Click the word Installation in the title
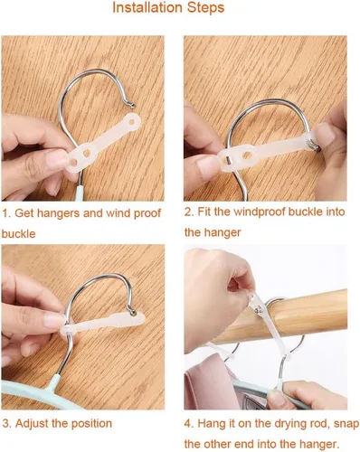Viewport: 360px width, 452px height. tap(147, 7)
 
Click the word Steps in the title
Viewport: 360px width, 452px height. tap(205, 8)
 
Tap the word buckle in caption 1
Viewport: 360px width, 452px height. tap(18, 234)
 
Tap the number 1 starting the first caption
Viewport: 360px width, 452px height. tap(5, 213)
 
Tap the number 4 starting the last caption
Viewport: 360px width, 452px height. tap(188, 424)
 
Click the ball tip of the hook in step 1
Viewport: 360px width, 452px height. tap(133, 105)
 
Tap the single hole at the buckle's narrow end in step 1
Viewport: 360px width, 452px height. tap(132, 122)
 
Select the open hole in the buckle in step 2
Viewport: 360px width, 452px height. tap(247, 155)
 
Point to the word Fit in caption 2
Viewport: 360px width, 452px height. tap(204, 212)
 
